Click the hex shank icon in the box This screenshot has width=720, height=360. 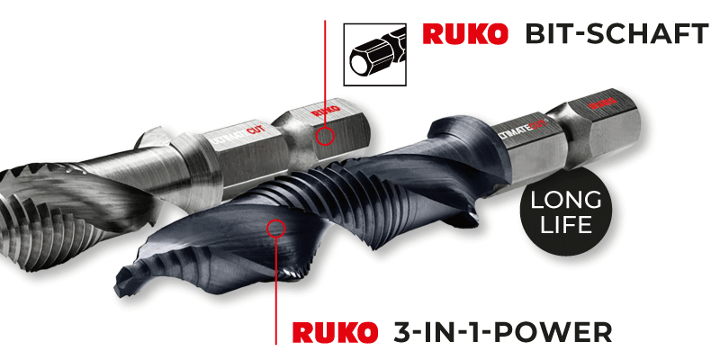pyautogui.click(x=373, y=49)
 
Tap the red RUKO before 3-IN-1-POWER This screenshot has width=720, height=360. pyautogui.click(x=334, y=331)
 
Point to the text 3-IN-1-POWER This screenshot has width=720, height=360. pyautogui.click(x=504, y=331)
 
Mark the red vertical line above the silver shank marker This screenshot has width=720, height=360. pyautogui.click(x=324, y=63)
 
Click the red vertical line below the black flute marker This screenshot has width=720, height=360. pyautogui.click(x=275, y=288)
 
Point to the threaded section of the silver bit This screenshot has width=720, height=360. pyautogui.click(x=36, y=207)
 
